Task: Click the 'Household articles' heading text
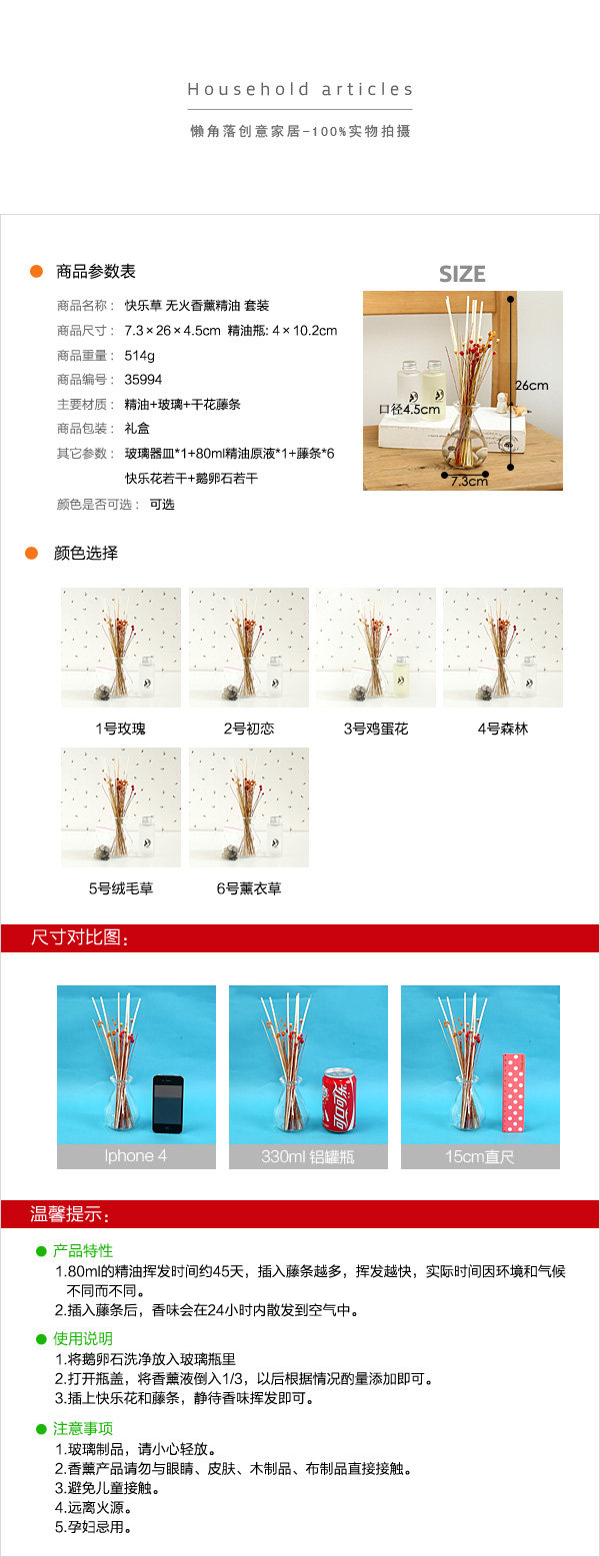(x=300, y=89)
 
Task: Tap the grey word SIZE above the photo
(x=462, y=274)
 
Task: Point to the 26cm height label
(x=532, y=385)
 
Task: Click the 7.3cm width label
(x=469, y=481)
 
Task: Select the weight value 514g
(x=140, y=355)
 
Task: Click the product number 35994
(x=143, y=380)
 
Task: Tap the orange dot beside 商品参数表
(x=36, y=271)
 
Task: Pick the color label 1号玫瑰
(x=120, y=729)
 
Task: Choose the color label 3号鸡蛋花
(x=375, y=729)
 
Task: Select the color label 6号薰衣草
(x=248, y=888)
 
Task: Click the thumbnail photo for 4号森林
(x=503, y=648)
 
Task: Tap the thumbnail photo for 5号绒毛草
(x=121, y=807)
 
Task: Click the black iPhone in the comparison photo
(x=168, y=1104)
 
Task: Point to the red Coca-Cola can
(x=339, y=1099)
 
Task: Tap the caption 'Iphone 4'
(x=136, y=1156)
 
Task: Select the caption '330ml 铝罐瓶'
(x=308, y=1156)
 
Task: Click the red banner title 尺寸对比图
(x=80, y=937)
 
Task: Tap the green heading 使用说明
(x=83, y=1339)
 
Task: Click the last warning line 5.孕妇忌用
(x=94, y=1527)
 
